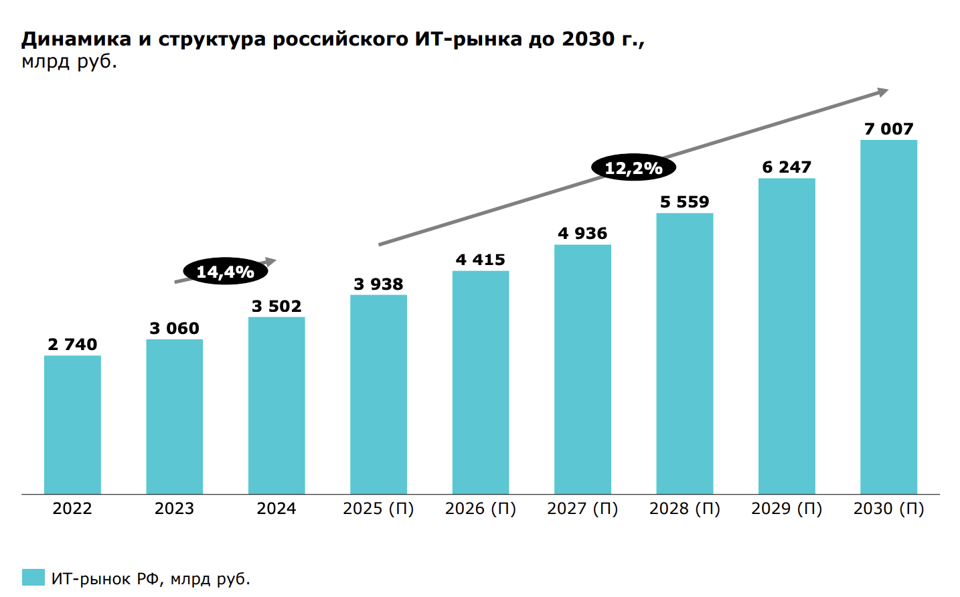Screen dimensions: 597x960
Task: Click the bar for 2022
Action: click(72, 425)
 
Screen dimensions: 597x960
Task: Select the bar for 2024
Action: click(276, 406)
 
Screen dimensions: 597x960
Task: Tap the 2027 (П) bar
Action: click(582, 369)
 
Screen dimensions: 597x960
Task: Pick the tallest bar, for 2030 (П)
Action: click(888, 317)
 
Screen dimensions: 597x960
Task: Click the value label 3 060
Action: click(174, 329)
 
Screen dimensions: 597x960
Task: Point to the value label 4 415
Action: click(480, 260)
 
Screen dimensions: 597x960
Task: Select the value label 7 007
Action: click(888, 129)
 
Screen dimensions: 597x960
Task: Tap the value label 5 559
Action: click(684, 202)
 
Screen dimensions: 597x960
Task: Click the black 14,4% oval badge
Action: click(225, 272)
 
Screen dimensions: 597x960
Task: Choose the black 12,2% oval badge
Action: click(633, 168)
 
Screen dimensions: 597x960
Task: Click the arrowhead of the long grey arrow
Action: click(883, 92)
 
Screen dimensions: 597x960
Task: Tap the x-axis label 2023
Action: click(174, 509)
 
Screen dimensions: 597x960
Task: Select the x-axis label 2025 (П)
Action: click(378, 509)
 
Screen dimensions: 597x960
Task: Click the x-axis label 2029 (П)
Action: click(787, 509)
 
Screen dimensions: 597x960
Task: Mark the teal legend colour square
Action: click(33, 578)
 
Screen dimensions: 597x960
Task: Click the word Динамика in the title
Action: click(76, 39)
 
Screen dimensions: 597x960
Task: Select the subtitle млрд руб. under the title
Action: click(69, 62)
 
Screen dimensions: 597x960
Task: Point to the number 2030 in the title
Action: click(588, 39)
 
